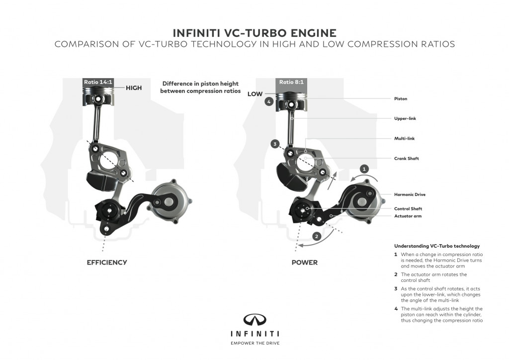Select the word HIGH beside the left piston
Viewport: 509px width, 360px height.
tap(134, 88)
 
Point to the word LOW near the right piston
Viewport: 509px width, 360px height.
tap(255, 93)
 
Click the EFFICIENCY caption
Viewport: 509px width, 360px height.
tap(107, 262)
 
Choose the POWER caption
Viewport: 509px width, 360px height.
tap(304, 262)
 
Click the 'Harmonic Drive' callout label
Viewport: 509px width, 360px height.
tap(410, 194)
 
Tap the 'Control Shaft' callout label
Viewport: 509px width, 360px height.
tap(408, 209)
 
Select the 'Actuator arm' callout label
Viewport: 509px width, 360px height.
tap(408, 216)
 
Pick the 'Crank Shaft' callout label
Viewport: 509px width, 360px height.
tap(407, 159)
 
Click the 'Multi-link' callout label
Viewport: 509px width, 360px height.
tap(404, 140)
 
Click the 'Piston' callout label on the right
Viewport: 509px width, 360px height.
tap(401, 99)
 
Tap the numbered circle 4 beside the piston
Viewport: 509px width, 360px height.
tap(269, 102)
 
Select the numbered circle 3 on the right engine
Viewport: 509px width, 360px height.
tap(274, 144)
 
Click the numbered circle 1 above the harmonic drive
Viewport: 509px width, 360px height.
tap(364, 169)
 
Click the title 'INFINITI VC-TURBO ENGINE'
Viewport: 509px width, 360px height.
tap(254, 33)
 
